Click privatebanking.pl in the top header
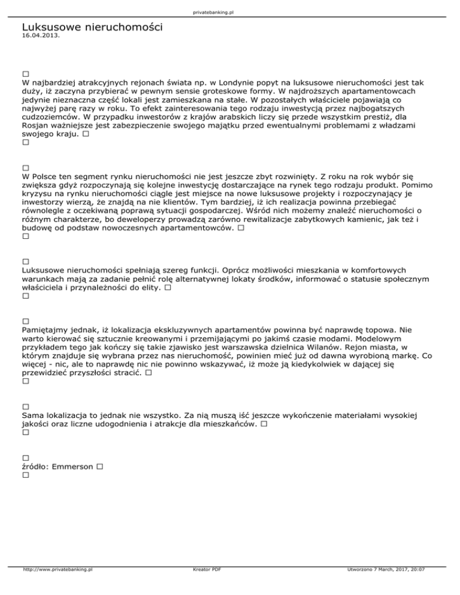[x=230, y=11]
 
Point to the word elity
[x=150, y=289]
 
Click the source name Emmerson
[x=73, y=466]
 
